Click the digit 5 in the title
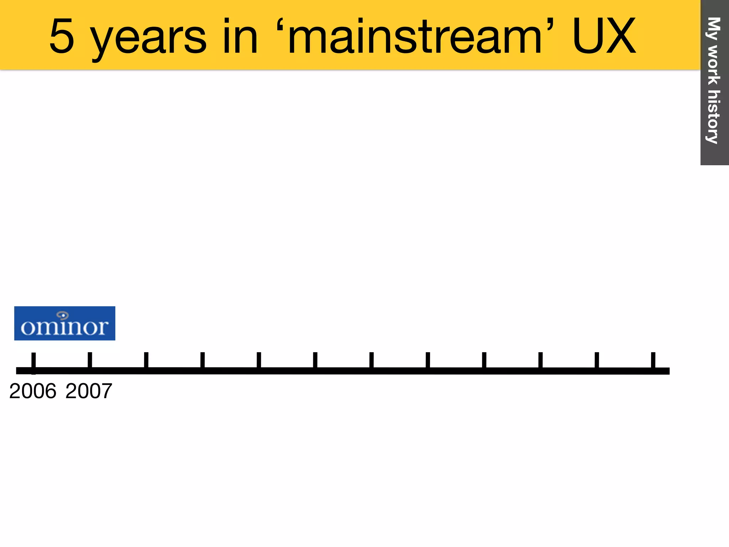62,36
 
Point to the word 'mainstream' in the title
415,36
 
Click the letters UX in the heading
604,36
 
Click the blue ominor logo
65,323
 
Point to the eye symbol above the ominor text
63,315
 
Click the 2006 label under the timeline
33,391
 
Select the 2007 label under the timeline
89,391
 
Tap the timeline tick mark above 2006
33,360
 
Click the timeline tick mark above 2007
90,360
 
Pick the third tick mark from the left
146,360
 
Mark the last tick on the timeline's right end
653,360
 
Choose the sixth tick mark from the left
315,360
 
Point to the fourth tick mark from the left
203,360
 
